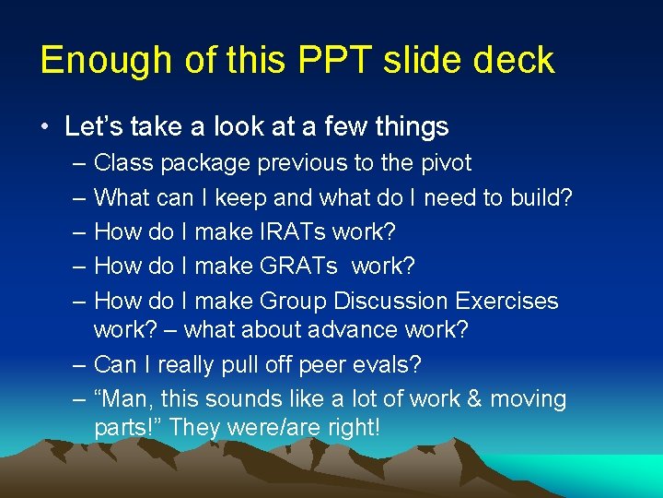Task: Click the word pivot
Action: pos(446,164)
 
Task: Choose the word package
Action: pos(207,165)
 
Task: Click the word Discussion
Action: pos(390,301)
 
